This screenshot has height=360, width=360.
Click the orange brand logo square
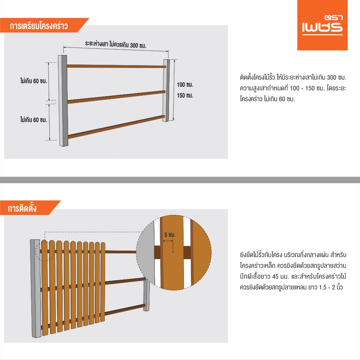pyautogui.click(x=322, y=25)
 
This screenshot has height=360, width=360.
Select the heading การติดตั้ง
pyautogui.click(x=22, y=208)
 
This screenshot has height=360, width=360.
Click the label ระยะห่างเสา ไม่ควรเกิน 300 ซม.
pyautogui.click(x=116, y=44)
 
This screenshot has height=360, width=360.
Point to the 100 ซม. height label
pyautogui.click(x=185, y=85)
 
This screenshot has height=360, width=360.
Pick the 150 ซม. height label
pyautogui.click(x=185, y=95)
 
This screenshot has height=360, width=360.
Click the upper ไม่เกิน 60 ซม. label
pyautogui.click(x=33, y=81)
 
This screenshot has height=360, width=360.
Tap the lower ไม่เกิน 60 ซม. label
pyautogui.click(x=33, y=120)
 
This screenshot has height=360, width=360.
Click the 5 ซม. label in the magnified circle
pyautogui.click(x=170, y=235)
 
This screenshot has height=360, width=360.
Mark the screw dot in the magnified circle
pyautogui.click(x=173, y=252)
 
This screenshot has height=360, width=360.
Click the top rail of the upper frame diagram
pyautogui.click(x=116, y=66)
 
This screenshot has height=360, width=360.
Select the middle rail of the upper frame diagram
pyautogui.click(x=117, y=97)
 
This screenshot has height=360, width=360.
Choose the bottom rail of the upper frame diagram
pyautogui.click(x=116, y=127)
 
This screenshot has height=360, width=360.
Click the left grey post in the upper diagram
pyautogui.click(x=63, y=100)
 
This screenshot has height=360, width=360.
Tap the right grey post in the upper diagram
pyautogui.click(x=166, y=90)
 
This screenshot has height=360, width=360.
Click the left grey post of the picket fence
pyautogui.click(x=36, y=289)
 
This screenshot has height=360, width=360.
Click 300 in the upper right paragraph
pyautogui.click(x=332, y=77)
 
